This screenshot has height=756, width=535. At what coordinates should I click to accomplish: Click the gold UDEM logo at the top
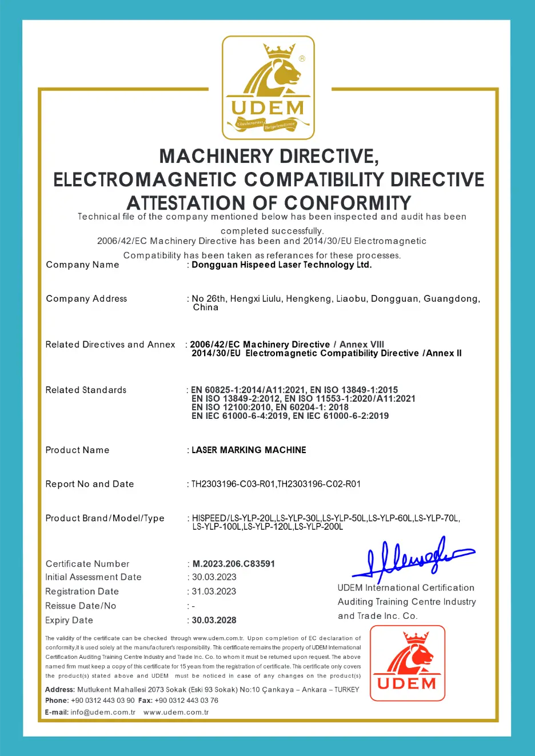(x=268, y=87)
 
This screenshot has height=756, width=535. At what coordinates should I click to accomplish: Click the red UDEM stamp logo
(x=407, y=663)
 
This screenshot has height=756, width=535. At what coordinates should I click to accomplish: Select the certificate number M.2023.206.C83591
(x=233, y=564)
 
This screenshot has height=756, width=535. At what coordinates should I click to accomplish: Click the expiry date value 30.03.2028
(x=214, y=620)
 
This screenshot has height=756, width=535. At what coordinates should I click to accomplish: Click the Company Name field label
(x=82, y=265)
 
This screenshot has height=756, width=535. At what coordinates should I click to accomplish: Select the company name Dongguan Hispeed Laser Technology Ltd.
(x=281, y=265)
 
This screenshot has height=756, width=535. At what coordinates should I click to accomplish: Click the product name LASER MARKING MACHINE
(x=249, y=450)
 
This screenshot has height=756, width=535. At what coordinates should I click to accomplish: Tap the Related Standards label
(x=86, y=390)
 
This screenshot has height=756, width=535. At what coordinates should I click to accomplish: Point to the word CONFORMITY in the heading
(x=348, y=203)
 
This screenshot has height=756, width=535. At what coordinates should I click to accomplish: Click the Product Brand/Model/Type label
(x=105, y=518)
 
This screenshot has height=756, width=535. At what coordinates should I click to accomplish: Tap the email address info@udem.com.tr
(x=103, y=713)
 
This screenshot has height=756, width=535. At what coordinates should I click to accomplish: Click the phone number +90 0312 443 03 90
(x=103, y=701)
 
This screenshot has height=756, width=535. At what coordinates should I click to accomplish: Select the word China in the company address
(x=206, y=307)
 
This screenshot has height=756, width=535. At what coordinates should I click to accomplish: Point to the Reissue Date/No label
(x=81, y=606)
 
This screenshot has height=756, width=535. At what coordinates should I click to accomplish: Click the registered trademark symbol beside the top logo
(x=302, y=58)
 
